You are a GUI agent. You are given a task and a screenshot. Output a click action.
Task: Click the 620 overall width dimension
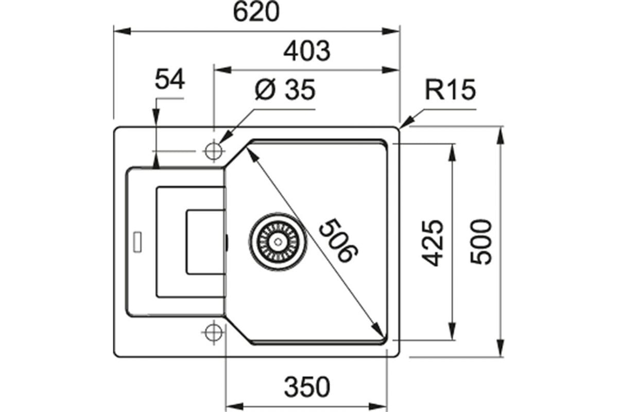click(256, 12)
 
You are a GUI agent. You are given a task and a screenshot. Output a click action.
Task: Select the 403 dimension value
click(307, 51)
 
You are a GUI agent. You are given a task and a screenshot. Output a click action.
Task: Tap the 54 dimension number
click(169, 79)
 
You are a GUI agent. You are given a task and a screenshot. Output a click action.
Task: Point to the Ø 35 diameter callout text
click(285, 90)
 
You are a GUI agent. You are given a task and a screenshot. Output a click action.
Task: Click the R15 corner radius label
click(450, 90)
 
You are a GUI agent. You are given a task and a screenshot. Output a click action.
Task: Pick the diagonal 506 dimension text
click(338, 241)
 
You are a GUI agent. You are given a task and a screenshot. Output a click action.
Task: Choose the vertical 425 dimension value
click(432, 243)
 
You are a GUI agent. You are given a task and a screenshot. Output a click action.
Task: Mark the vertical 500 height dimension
click(481, 242)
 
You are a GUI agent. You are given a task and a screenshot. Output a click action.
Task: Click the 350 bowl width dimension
click(307, 387)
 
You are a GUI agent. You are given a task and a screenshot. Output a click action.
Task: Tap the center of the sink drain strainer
click(278, 242)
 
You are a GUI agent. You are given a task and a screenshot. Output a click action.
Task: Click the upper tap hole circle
click(214, 151)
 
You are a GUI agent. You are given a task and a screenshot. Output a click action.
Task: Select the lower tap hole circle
click(214, 332)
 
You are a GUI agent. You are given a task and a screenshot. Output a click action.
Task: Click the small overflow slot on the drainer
click(138, 242)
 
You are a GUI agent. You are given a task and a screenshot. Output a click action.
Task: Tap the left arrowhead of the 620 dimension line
click(122, 31)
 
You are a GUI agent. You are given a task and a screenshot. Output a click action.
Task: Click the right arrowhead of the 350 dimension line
click(379, 406)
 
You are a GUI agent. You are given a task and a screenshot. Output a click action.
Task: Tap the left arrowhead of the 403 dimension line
click(223, 70)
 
